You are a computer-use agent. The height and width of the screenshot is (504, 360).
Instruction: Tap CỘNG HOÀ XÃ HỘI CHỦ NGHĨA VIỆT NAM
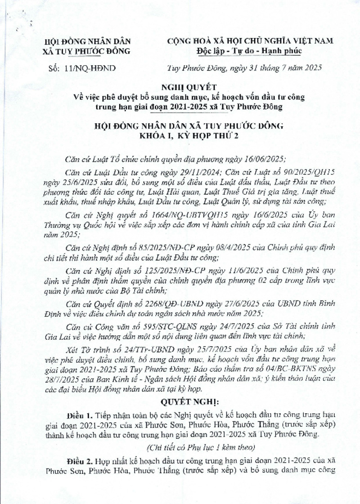coord(251,41)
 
